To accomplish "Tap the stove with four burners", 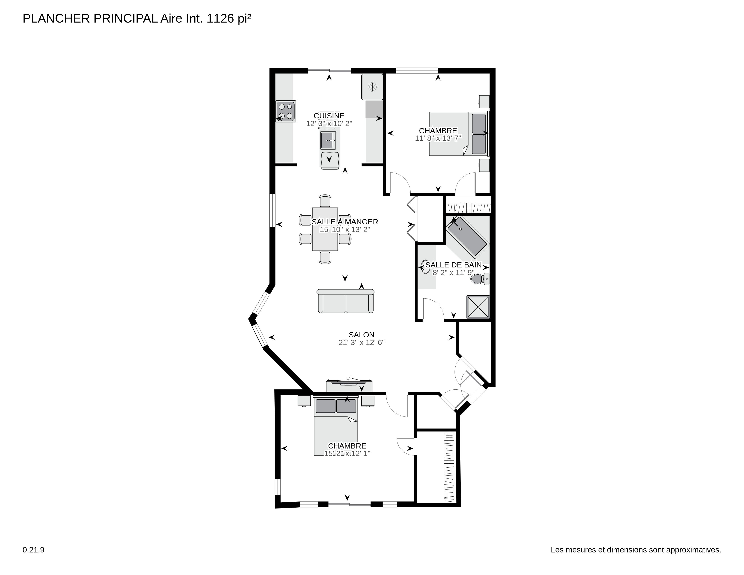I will [285, 111].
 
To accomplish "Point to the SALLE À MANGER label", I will [345, 222].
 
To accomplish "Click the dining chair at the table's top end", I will [325, 201].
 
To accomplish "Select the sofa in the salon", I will [345, 301].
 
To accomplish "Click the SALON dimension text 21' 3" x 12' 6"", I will [361, 342].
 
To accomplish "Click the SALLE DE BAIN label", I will [453, 265].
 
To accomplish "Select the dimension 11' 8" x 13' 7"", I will [438, 138].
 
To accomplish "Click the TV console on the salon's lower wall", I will [349, 386].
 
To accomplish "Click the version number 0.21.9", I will [33, 550].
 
